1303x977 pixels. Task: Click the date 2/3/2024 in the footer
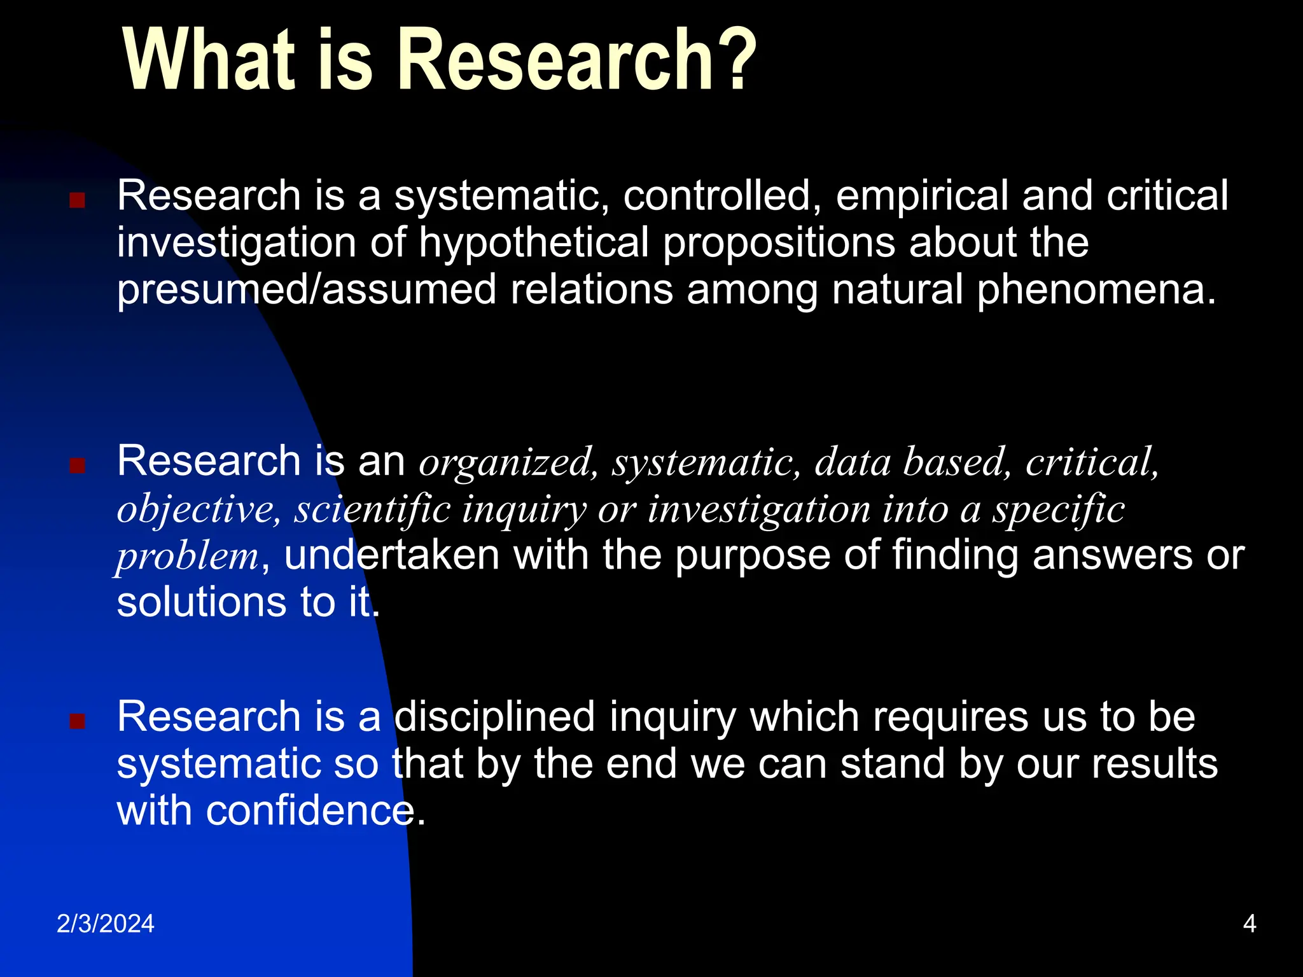(x=106, y=924)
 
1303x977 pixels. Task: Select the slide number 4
(x=1249, y=924)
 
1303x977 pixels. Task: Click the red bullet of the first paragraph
(x=77, y=201)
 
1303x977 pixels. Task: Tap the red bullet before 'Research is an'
(x=77, y=466)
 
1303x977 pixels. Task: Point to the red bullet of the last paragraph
(x=77, y=721)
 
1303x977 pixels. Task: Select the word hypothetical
(x=533, y=243)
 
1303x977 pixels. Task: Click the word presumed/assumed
(x=306, y=290)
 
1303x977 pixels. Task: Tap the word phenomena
(x=1096, y=290)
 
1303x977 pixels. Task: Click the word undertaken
(x=391, y=555)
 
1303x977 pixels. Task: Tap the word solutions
(x=202, y=602)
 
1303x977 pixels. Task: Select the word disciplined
(x=494, y=717)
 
